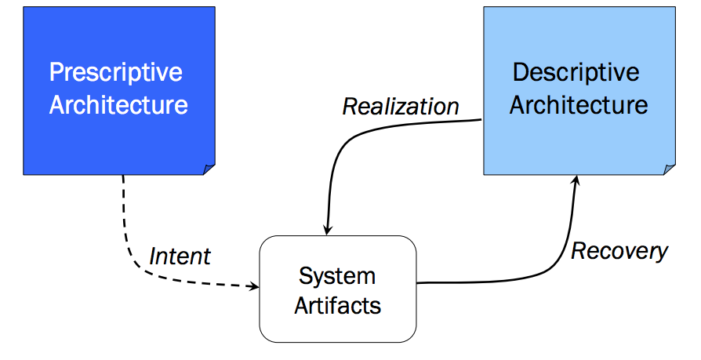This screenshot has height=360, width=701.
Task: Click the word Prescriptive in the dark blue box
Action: coord(116,73)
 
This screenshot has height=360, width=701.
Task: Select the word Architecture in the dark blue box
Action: coord(118,105)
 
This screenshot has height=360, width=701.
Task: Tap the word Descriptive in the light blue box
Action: coord(576,73)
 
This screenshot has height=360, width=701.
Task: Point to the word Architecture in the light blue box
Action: coord(579,105)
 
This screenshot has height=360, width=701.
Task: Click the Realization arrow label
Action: coord(401,107)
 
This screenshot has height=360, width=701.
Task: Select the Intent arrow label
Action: coord(180,256)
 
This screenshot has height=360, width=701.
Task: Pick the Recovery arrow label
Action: coord(619,251)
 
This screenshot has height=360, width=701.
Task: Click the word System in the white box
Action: coord(337,276)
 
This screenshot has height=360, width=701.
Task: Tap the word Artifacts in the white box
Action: coord(337,306)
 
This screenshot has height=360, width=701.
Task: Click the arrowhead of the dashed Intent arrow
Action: coord(255,287)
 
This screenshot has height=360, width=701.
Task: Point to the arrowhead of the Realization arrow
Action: coord(328,229)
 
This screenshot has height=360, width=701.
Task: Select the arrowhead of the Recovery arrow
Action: coord(576,180)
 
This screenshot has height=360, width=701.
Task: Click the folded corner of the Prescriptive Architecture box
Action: coord(209,169)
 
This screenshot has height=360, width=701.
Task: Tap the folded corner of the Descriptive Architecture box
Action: coord(669,169)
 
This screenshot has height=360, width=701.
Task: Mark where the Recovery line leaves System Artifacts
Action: coord(420,282)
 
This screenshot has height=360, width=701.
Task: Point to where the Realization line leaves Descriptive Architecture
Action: coord(479,120)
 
